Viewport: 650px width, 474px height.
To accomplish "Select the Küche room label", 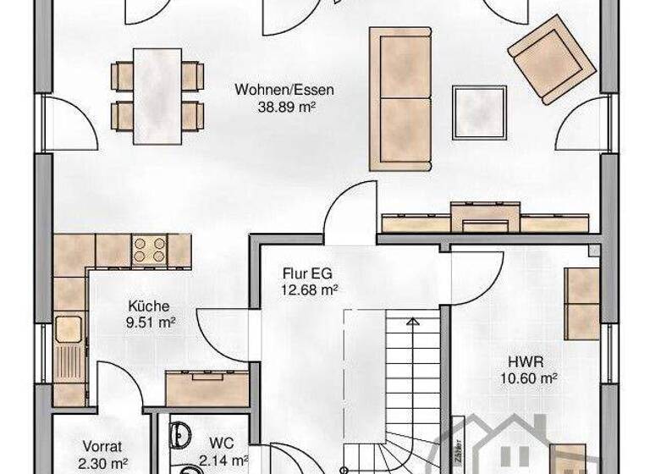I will click(149, 306).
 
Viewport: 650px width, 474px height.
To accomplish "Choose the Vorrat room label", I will click(103, 446).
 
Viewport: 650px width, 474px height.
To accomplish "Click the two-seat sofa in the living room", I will click(400, 97).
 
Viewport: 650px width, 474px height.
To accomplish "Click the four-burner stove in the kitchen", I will click(150, 249).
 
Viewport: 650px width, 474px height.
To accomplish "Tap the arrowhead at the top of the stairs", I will click(412, 322).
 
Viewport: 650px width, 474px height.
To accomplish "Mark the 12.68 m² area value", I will click(310, 289).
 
